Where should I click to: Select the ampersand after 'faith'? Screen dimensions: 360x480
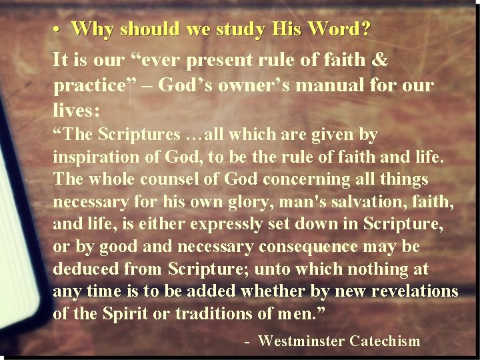click(x=379, y=60)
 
